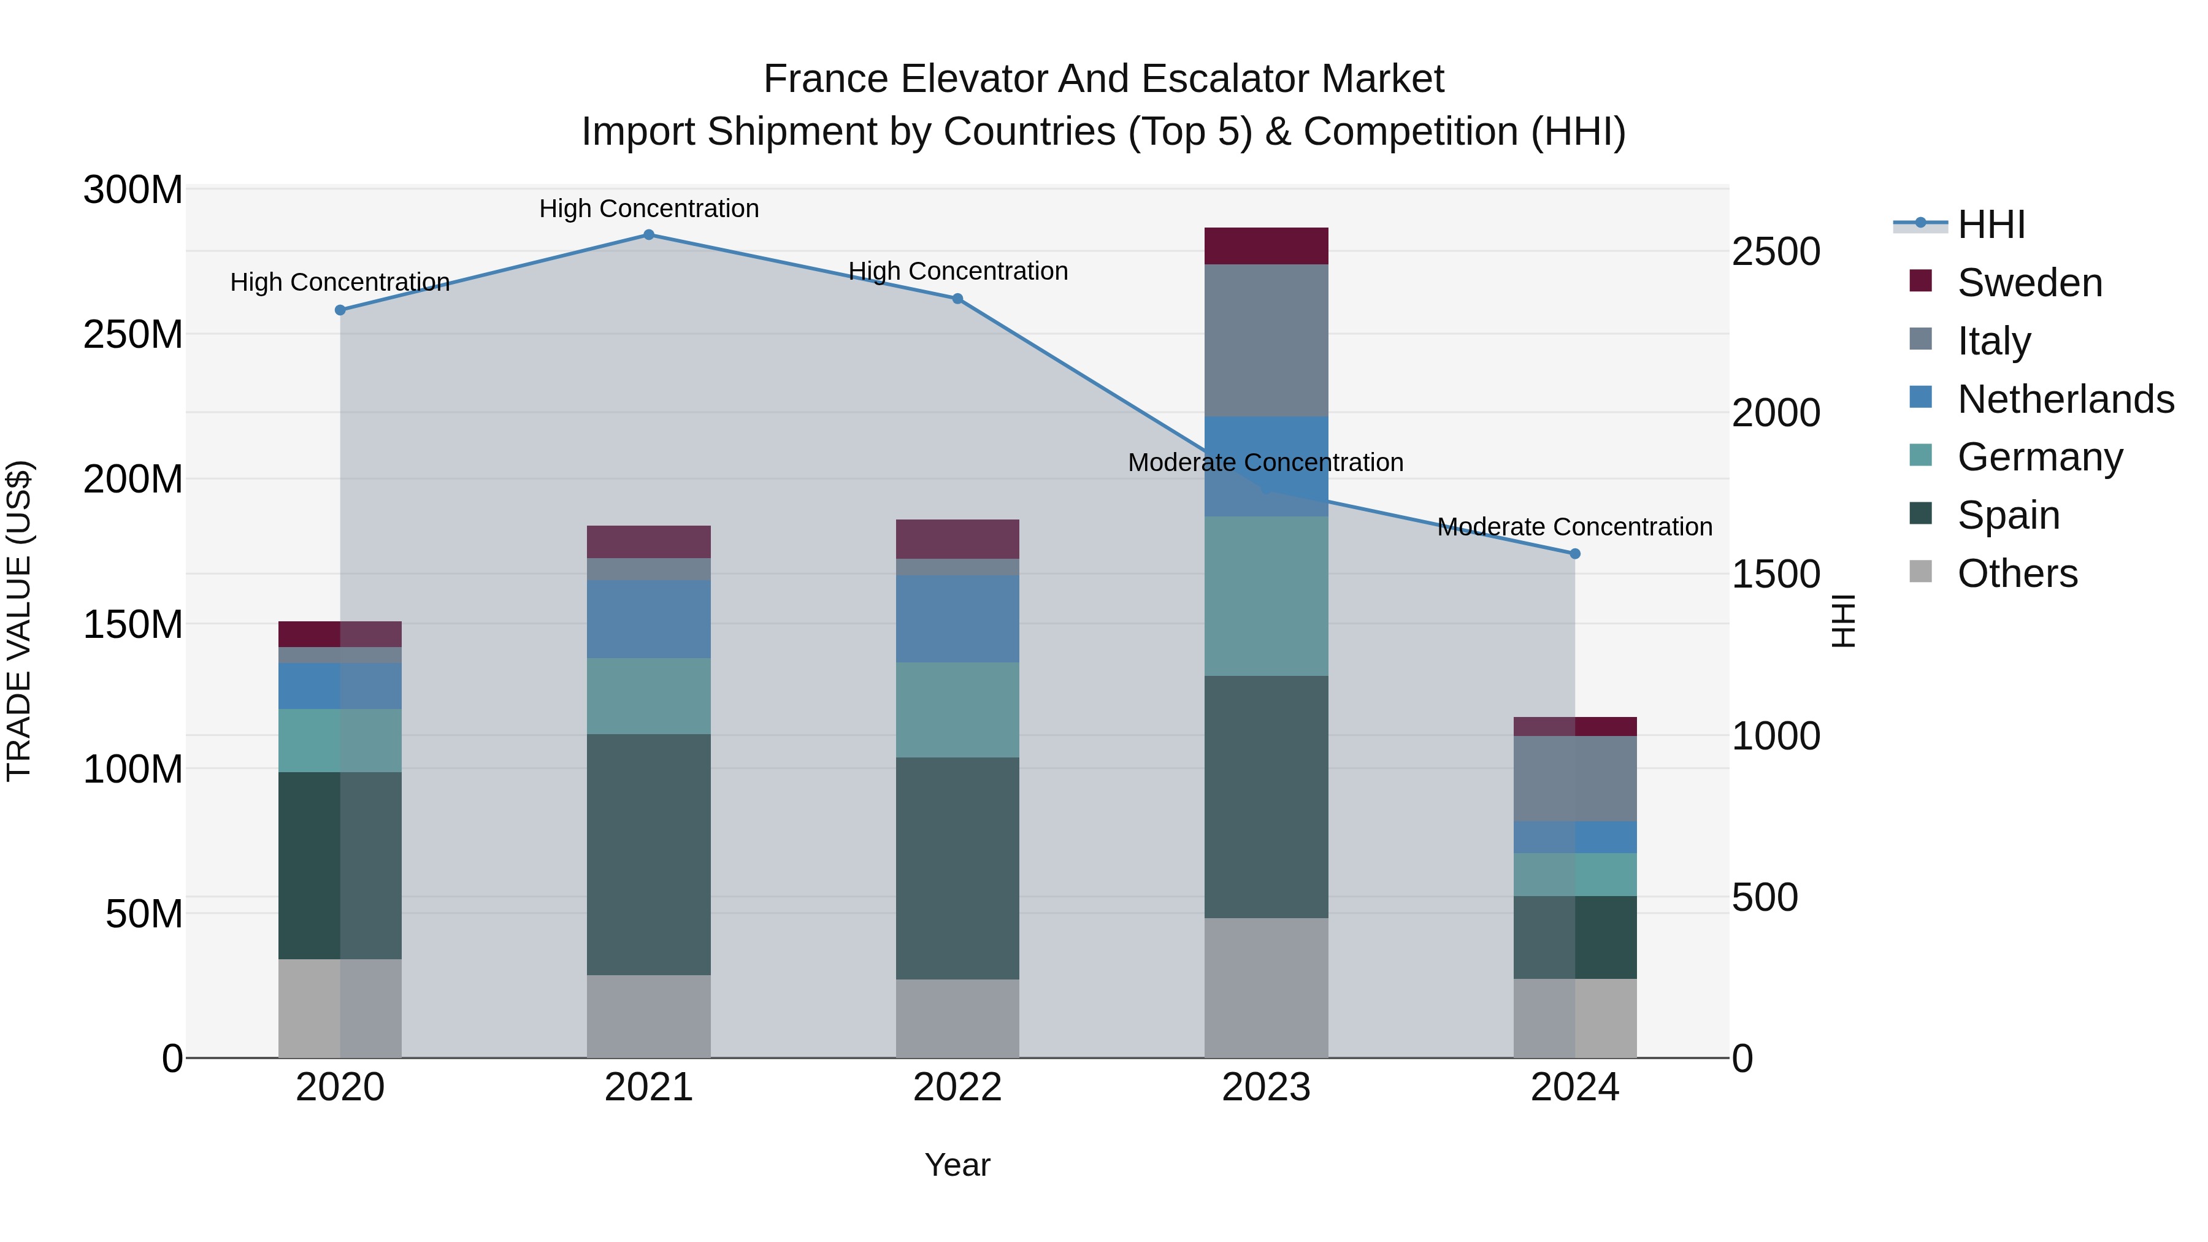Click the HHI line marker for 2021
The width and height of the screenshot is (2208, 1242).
(x=649, y=235)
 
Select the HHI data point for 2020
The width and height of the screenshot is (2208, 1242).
(x=340, y=310)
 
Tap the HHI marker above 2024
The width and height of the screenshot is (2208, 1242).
(x=1574, y=554)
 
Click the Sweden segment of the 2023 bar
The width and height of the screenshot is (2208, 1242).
(x=1266, y=246)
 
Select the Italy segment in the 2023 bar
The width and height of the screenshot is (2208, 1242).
(x=1266, y=340)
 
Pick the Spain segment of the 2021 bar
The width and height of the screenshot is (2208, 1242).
(x=649, y=854)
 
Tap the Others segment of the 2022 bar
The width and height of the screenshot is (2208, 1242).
(x=957, y=1018)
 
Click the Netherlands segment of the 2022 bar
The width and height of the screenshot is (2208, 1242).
(x=957, y=619)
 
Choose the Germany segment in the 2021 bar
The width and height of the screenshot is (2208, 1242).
(x=649, y=696)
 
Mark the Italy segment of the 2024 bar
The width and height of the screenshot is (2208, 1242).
(x=1574, y=778)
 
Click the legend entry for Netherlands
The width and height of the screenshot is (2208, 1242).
(x=2066, y=399)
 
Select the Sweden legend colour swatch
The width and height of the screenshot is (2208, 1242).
(x=1921, y=281)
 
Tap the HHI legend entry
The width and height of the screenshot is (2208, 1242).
(x=1991, y=224)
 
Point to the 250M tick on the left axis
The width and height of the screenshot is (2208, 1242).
(x=133, y=334)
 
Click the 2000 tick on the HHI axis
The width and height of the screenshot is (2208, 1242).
(x=1775, y=413)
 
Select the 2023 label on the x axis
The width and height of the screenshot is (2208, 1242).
(x=1266, y=1087)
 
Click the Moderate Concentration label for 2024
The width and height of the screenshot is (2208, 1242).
(x=1574, y=526)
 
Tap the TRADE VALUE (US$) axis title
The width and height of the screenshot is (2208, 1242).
(x=19, y=621)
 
